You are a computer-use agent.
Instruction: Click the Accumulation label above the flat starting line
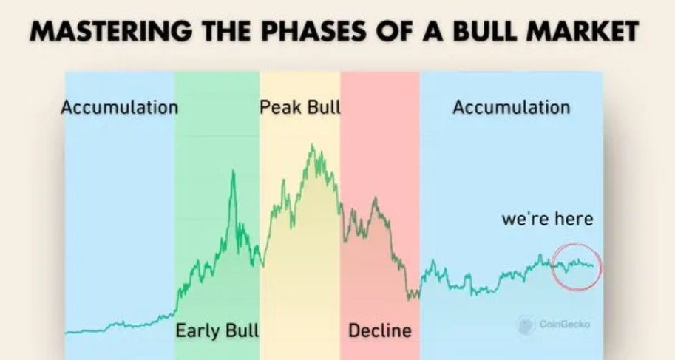120,107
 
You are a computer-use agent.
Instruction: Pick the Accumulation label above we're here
512,107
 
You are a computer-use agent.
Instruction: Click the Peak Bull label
300,107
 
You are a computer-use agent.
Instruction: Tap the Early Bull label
217,330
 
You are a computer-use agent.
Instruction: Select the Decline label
380,330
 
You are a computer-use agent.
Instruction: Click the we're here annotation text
548,219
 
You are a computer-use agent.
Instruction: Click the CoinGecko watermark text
564,325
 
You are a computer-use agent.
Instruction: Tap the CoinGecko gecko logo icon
526,325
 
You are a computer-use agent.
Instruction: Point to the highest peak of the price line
312,145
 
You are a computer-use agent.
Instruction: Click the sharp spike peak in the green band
234,171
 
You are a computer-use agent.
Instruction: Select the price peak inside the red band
375,197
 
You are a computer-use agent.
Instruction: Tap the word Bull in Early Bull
242,330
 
